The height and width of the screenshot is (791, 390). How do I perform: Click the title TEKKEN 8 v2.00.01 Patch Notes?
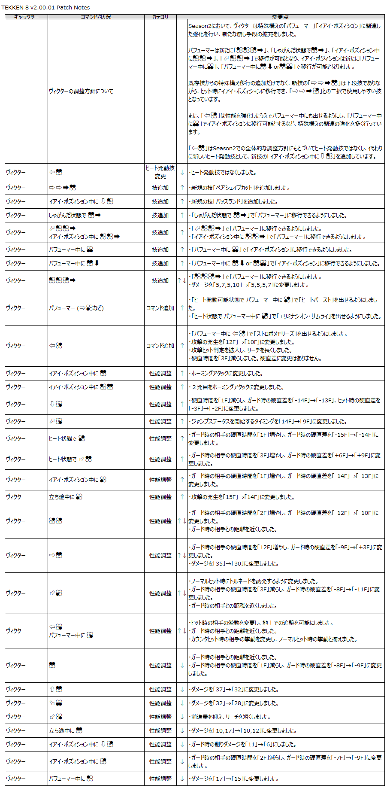(45, 7)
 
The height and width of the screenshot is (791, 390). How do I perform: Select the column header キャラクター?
(26, 17)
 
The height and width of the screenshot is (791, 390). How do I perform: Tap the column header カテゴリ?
(160, 17)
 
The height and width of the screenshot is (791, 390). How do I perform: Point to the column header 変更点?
(280, 17)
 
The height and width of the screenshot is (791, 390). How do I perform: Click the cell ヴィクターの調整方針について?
(81, 91)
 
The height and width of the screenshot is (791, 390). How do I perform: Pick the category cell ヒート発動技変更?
(160, 172)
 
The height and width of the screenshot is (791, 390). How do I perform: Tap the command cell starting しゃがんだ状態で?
(75, 215)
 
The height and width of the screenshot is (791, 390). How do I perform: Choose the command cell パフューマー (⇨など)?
(76, 308)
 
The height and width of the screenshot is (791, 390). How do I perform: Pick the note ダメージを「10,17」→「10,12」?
(243, 730)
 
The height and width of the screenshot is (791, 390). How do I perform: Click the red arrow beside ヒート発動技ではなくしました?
(182, 172)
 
